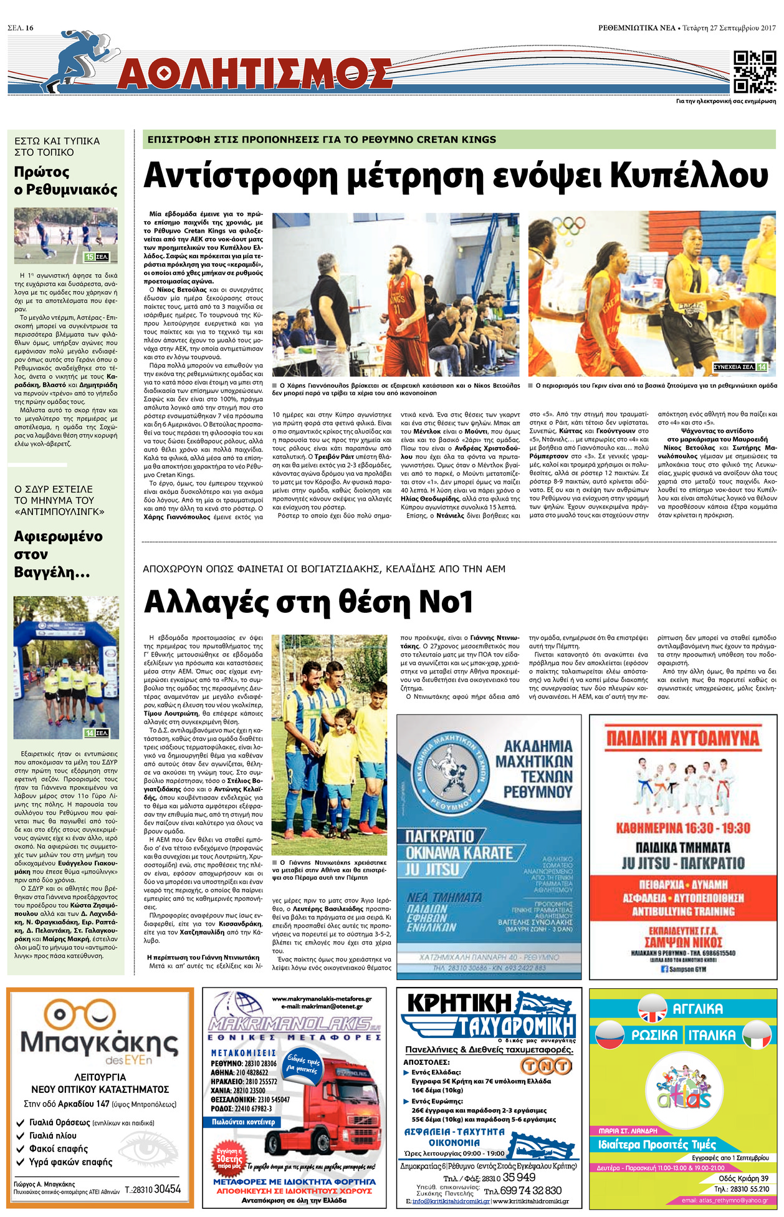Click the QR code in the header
pyautogui.click(x=755, y=72)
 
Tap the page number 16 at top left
pyautogui.click(x=29, y=27)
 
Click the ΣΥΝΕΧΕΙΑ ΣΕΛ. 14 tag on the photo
pyautogui.click(x=740, y=367)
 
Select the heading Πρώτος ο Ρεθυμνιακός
pyautogui.click(x=65, y=181)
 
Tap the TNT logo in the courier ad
pyautogui.click(x=546, y=1065)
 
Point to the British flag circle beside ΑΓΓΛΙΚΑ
pyautogui.click(x=653, y=1009)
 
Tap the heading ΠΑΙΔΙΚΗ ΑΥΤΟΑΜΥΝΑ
pyautogui.click(x=682, y=739)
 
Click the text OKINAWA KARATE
pyautogui.click(x=459, y=852)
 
